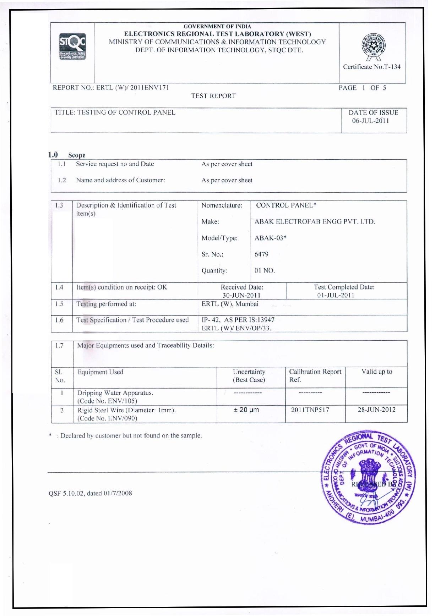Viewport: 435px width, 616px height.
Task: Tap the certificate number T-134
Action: (x=371, y=67)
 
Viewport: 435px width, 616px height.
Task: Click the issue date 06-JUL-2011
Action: (x=370, y=121)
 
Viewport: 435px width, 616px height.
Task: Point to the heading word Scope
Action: (x=77, y=155)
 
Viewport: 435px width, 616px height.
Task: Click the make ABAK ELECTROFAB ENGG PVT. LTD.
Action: (x=315, y=222)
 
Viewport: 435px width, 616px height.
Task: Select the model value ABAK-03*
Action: (x=270, y=238)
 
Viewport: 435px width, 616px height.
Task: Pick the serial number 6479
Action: (x=261, y=254)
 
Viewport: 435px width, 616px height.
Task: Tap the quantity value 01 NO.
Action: (x=265, y=271)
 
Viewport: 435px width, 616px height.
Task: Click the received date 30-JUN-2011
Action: (x=242, y=295)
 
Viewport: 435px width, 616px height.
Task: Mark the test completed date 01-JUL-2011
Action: (x=336, y=295)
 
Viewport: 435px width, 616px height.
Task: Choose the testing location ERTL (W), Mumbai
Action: (x=230, y=304)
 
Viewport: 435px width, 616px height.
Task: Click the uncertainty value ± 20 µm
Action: (x=246, y=410)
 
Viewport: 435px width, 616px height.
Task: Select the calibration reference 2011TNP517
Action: (x=310, y=410)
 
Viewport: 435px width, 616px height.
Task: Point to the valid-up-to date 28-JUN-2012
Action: (x=376, y=409)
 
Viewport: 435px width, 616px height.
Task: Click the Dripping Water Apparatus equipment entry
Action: (x=115, y=393)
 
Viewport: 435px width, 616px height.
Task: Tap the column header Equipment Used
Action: (x=100, y=372)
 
